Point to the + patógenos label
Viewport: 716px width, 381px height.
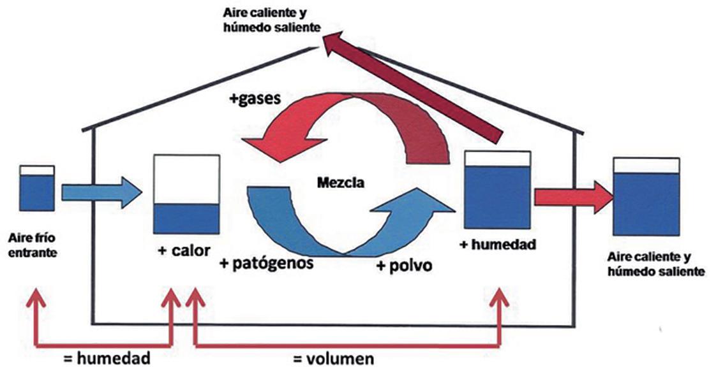[x=266, y=262]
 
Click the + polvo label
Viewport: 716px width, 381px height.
[x=403, y=265]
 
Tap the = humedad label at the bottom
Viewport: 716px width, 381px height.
[x=107, y=358]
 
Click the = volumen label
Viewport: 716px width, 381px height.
[x=333, y=359]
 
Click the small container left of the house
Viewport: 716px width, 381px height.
[x=37, y=189]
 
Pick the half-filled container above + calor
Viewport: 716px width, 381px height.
[x=186, y=195]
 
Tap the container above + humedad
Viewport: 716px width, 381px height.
[x=497, y=189]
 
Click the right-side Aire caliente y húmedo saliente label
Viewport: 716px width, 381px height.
[x=656, y=265]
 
